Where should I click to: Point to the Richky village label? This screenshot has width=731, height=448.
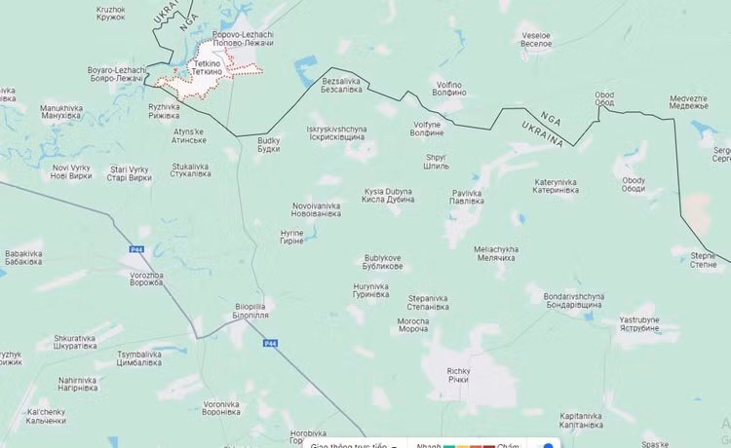tap(458, 375)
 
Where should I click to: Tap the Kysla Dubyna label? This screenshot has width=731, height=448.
tap(389, 195)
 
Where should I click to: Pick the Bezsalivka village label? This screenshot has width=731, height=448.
tap(341, 85)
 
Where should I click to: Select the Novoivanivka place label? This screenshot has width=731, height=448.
tap(317, 209)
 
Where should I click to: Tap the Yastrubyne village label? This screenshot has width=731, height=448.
tap(646, 323)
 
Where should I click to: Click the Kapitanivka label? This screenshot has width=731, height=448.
tap(584, 420)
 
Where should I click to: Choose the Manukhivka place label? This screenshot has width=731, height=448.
tap(61, 112)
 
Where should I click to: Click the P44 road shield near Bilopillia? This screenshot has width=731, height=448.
tap(270, 344)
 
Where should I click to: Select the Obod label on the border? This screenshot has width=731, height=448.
tap(604, 98)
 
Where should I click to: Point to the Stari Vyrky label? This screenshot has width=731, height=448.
tap(130, 173)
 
